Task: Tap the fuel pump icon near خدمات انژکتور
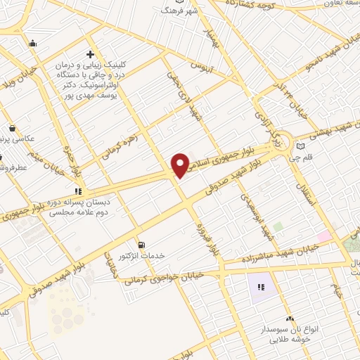click(143, 245)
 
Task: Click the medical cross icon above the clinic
click(89, 54)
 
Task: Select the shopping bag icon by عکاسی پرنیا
click(13, 129)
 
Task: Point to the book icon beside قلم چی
click(302, 147)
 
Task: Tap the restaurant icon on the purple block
click(260, 287)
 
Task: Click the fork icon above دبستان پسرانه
click(79, 191)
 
